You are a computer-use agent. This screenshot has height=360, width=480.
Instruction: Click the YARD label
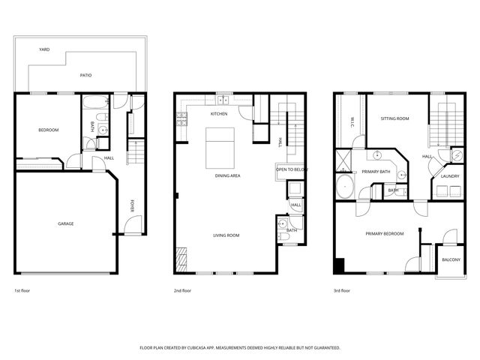click(44, 49)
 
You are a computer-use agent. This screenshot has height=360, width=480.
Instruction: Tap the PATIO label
click(87, 76)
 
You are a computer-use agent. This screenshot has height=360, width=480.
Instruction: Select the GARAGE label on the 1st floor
click(66, 223)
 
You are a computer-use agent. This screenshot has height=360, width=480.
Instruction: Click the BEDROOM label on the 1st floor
click(49, 130)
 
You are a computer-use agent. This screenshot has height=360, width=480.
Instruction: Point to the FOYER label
click(133, 206)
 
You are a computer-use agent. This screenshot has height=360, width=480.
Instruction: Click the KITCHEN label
click(219, 114)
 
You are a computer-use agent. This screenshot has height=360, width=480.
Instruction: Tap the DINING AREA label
click(227, 175)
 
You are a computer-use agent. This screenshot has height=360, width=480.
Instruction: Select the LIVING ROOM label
click(226, 235)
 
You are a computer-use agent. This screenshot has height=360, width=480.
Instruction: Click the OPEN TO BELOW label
click(291, 169)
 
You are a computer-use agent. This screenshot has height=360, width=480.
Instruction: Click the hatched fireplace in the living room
click(180, 259)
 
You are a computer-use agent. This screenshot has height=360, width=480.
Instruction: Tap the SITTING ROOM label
click(394, 118)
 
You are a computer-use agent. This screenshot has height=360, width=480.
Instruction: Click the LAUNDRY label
click(450, 176)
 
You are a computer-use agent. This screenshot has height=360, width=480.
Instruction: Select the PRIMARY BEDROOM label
click(385, 234)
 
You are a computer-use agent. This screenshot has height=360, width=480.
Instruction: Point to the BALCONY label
click(451, 259)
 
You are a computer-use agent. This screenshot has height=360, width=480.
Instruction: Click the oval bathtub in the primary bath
click(346, 187)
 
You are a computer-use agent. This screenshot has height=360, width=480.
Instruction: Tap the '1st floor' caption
click(22, 290)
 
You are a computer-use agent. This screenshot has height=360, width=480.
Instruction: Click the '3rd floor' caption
click(342, 290)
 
